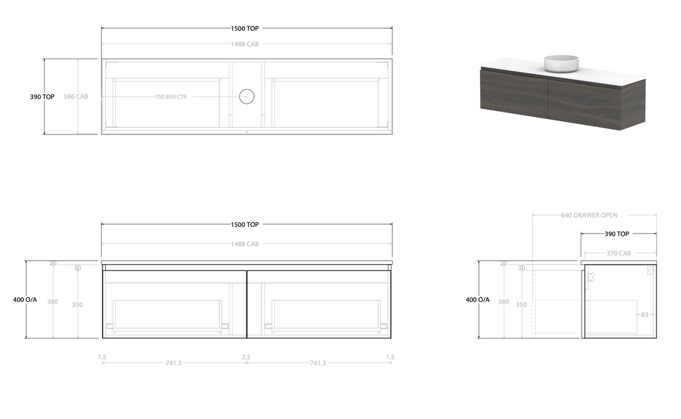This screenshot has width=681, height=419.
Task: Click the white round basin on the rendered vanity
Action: [x=562, y=63]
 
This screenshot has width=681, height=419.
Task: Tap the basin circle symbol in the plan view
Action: [x=247, y=97]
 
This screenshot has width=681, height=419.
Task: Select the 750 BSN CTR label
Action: [x=171, y=97]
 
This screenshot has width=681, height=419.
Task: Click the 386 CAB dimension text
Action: [x=76, y=97]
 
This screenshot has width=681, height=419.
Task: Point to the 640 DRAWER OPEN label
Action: [x=589, y=215]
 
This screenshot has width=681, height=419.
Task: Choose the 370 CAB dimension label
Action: [x=618, y=253]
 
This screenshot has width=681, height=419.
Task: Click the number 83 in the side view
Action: [x=644, y=315]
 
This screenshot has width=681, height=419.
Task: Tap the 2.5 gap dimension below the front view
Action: [x=246, y=357]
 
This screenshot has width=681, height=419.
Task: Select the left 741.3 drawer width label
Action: [x=174, y=363]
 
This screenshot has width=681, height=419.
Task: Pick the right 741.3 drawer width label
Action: [x=318, y=363]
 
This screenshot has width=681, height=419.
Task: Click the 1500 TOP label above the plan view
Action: [x=245, y=29]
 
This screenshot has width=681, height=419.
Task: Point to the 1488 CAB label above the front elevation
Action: [x=245, y=244]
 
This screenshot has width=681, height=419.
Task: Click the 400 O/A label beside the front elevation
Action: [x=25, y=300]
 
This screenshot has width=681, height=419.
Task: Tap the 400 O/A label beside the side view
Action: [x=477, y=300]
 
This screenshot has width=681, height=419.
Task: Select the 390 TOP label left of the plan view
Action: [x=42, y=97]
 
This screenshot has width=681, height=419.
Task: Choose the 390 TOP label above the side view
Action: [x=616, y=234]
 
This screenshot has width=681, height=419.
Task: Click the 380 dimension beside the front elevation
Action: [x=53, y=302]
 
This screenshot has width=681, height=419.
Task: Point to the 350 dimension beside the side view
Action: [x=521, y=305]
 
